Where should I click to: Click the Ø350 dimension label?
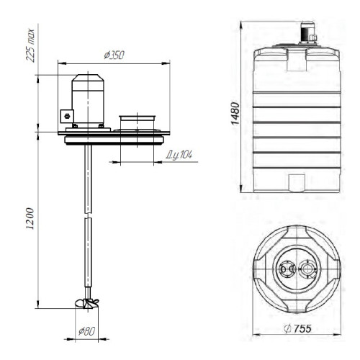coord(114,55)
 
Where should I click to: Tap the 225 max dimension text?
coord(30,45)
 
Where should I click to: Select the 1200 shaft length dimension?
coord(30,218)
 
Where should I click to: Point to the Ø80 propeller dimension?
coord(87,331)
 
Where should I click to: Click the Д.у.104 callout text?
coord(179,156)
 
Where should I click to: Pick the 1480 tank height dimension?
coord(235,113)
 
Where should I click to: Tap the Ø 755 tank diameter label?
coord(297,328)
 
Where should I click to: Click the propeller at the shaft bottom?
coord(86,303)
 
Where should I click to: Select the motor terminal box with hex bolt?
coord(67,116)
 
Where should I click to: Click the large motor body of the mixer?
coord(88,101)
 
